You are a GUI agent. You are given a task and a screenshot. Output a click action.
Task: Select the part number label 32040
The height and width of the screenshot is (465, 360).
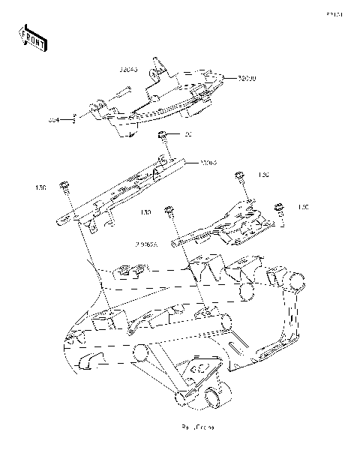pos(129,69)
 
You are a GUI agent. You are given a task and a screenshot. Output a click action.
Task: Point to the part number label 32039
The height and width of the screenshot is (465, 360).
pos(247,78)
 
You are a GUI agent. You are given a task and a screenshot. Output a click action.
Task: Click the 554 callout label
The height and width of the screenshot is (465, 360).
pos(53,118)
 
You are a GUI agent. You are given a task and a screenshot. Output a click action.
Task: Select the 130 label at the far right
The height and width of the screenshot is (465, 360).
pos(303,206)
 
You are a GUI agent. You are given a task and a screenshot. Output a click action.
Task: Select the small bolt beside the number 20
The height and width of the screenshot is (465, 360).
pos(161,136)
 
